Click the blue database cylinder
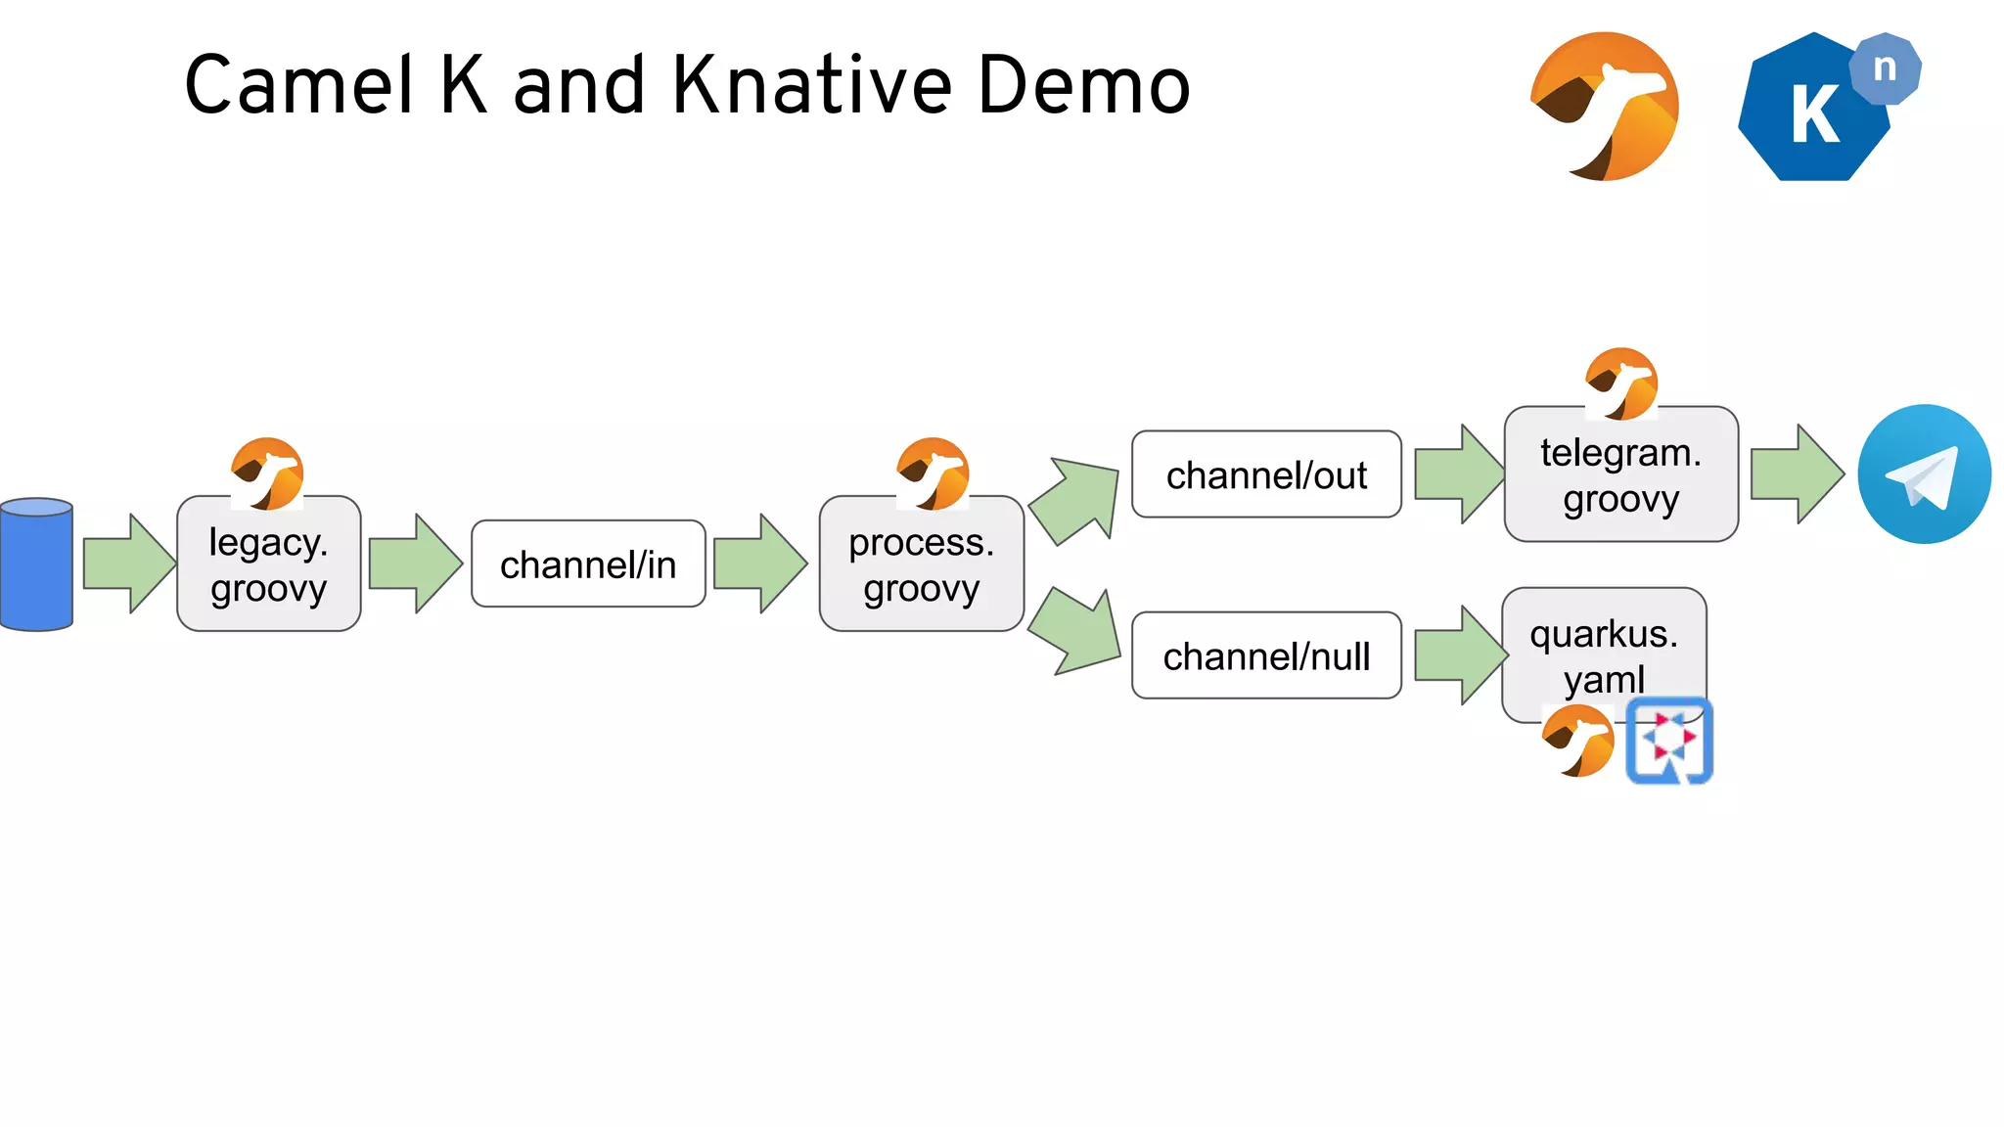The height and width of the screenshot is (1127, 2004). [37, 564]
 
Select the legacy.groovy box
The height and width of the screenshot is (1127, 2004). [268, 565]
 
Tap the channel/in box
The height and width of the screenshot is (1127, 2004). [588, 564]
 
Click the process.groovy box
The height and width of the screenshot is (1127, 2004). [921, 565]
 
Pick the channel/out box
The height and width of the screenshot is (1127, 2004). [1266, 474]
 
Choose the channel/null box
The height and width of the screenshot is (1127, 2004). [1266, 655]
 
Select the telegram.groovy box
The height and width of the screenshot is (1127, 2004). [1620, 475]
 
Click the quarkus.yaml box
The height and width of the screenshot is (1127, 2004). [1603, 651]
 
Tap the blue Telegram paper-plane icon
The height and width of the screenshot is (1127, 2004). [1924, 474]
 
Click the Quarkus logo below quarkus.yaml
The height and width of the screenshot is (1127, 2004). [1669, 741]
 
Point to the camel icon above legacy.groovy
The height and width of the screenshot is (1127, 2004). [267, 473]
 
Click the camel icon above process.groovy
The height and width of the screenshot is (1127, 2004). [933, 473]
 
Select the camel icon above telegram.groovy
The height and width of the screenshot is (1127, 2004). [1621, 383]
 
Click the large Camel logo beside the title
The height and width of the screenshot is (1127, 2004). [1605, 107]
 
